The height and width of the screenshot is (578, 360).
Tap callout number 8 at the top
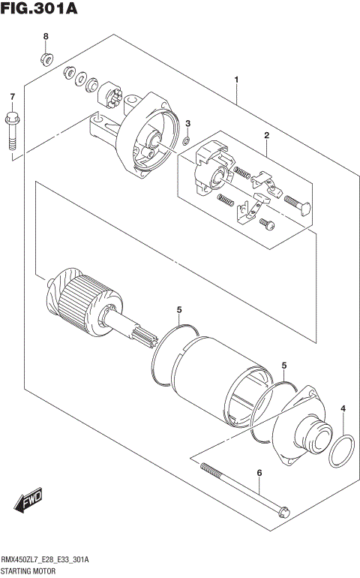pyautogui.click(x=45, y=37)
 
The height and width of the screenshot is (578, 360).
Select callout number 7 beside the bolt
pyautogui.click(x=12, y=97)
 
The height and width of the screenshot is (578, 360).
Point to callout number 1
pyautogui.click(x=236, y=80)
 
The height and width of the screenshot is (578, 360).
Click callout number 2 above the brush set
pyautogui.click(x=265, y=135)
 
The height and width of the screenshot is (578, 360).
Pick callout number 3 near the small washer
pyautogui.click(x=188, y=123)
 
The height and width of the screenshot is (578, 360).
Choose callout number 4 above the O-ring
pyautogui.click(x=343, y=408)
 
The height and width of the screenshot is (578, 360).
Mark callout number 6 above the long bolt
pyautogui.click(x=259, y=473)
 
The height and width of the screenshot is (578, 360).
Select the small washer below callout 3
pyautogui.click(x=185, y=140)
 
